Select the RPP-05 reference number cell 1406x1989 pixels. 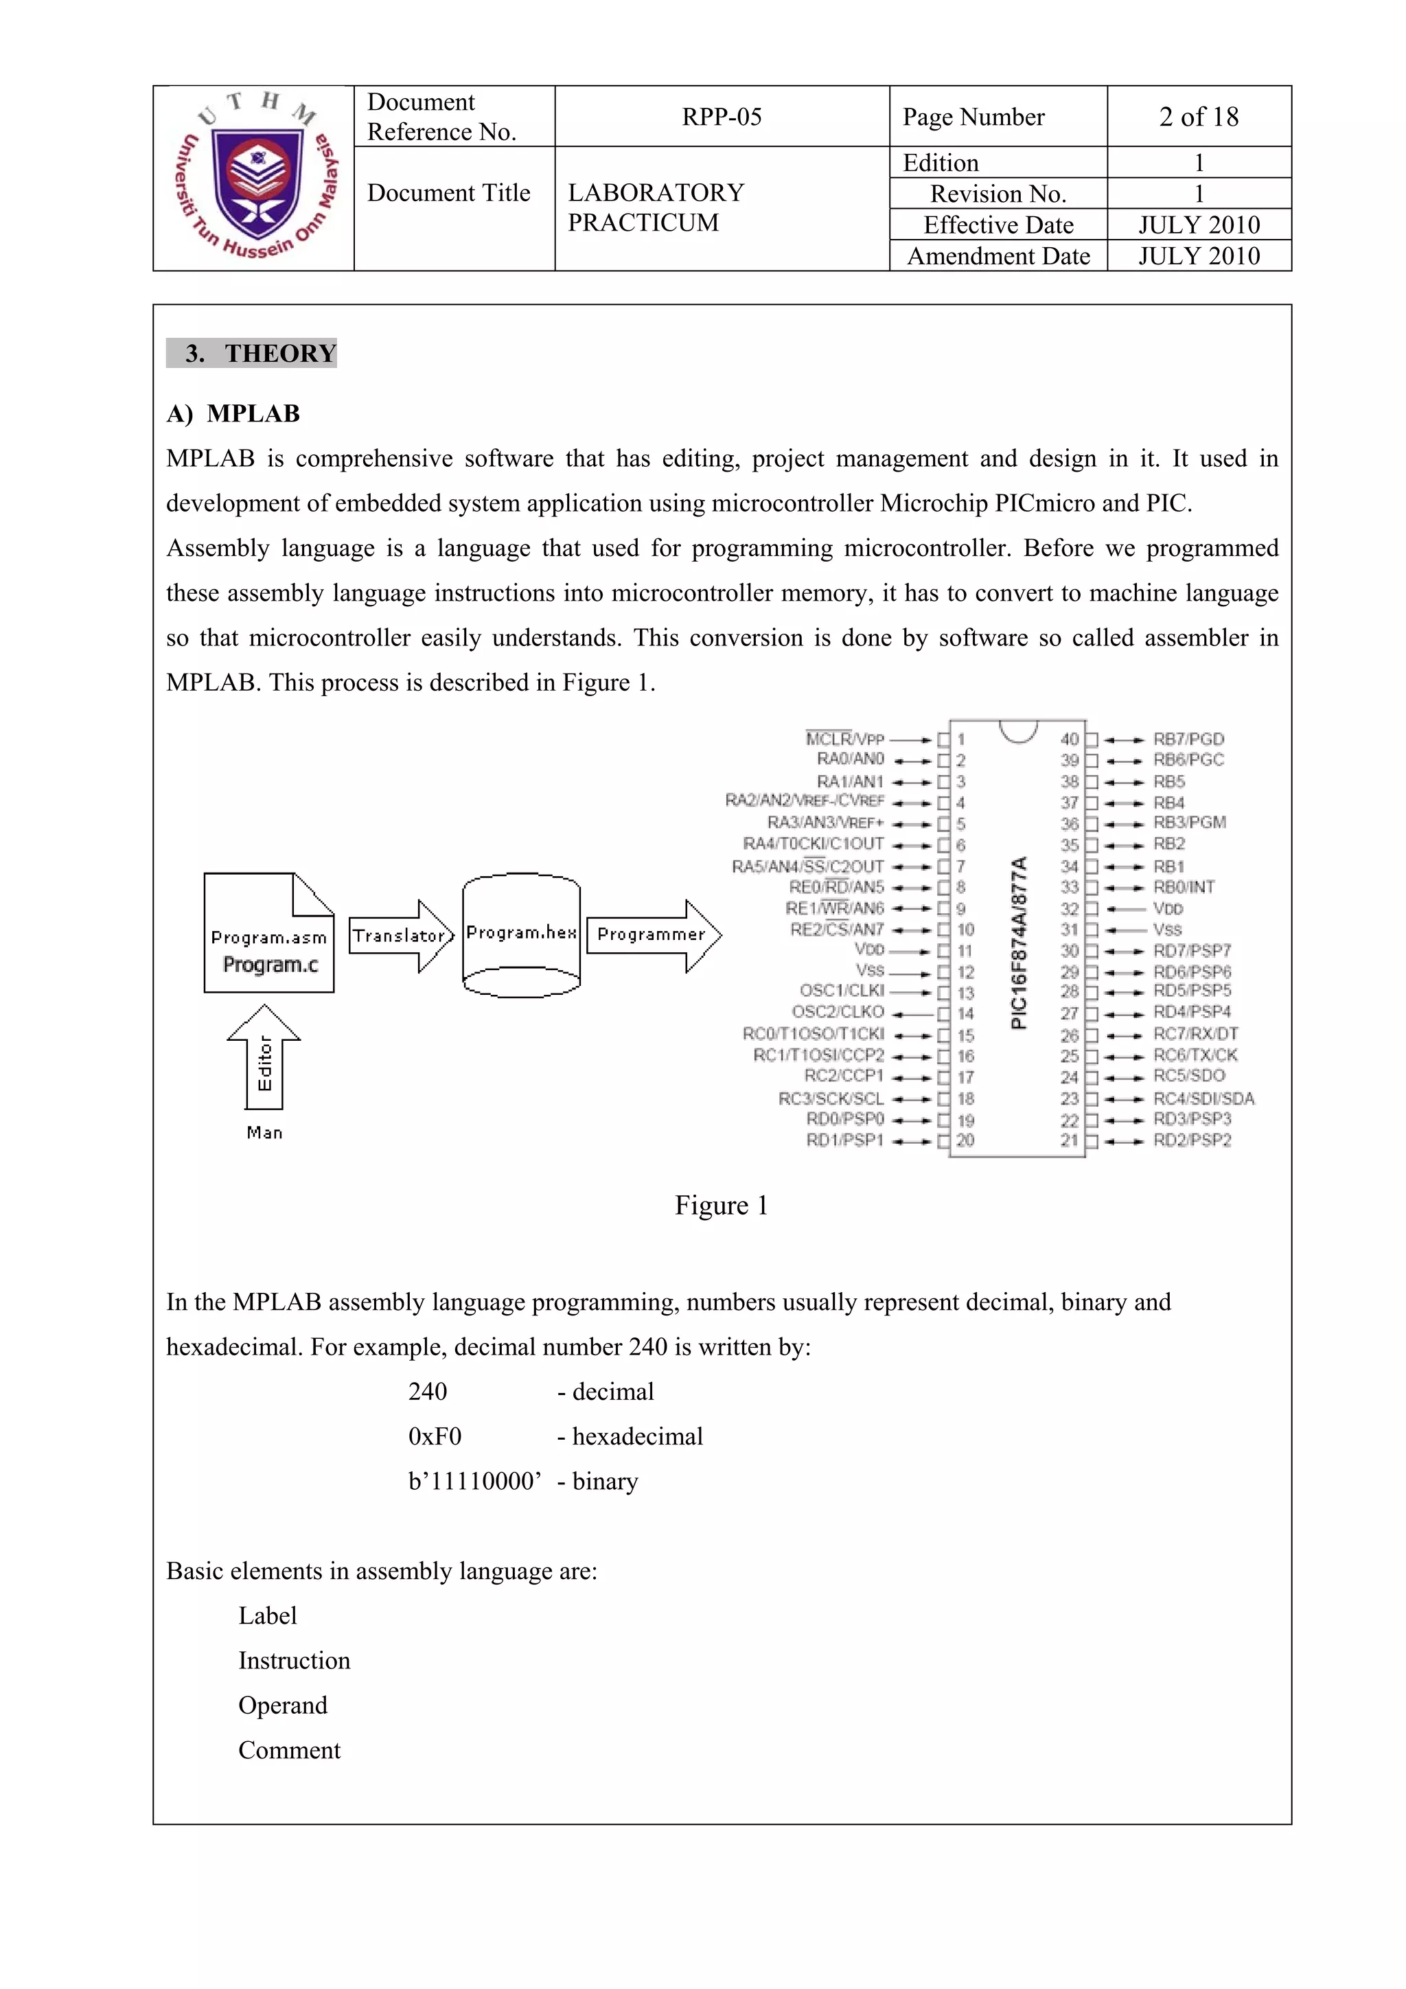pyautogui.click(x=721, y=117)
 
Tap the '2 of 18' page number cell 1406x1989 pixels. pyautogui.click(x=1198, y=117)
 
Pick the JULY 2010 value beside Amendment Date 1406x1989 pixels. pyautogui.click(x=1198, y=256)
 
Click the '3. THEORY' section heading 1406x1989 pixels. pyautogui.click(x=252, y=354)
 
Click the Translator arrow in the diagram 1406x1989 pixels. pyautogui.click(x=400, y=936)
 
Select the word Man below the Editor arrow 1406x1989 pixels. pyautogui.click(x=264, y=1133)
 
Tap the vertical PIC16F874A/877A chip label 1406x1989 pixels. pyautogui.click(x=1019, y=943)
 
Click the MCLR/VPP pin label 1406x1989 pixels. pyautogui.click(x=844, y=739)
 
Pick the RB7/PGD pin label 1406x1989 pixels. pyautogui.click(x=1188, y=739)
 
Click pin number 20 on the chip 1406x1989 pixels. pyautogui.click(x=965, y=1141)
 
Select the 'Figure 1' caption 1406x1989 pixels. pyautogui.click(x=721, y=1206)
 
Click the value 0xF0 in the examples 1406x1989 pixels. pyautogui.click(x=434, y=1437)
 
